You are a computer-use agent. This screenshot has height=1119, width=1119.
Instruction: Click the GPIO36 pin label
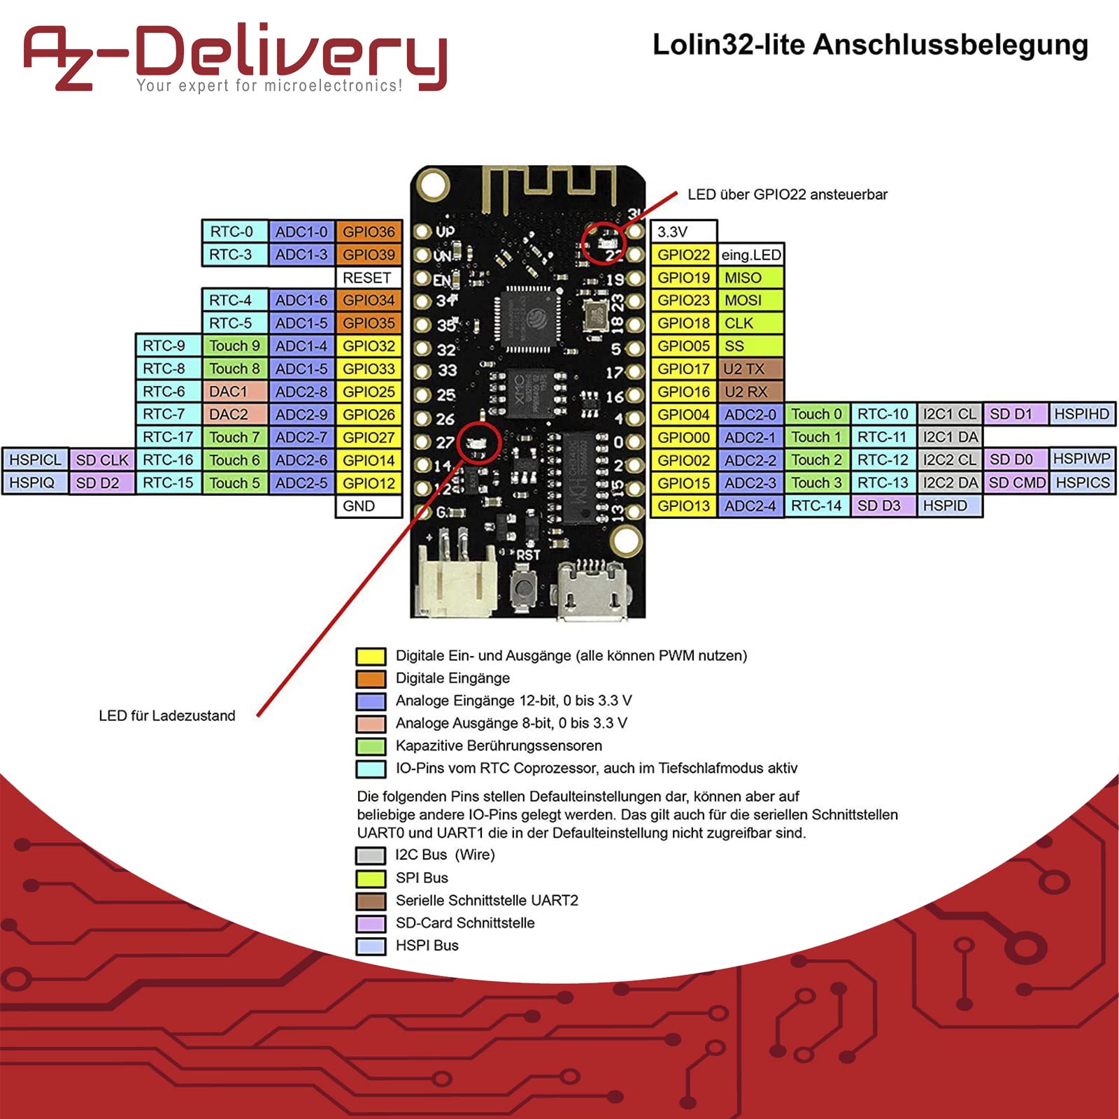pyautogui.click(x=369, y=231)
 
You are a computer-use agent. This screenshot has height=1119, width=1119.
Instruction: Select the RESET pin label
pyautogui.click(x=369, y=278)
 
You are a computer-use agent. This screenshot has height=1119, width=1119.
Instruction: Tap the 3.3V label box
pyautogui.click(x=684, y=231)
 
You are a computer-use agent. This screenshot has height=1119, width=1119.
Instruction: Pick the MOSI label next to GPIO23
pyautogui.click(x=750, y=300)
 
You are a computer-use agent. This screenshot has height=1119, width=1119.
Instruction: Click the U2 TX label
pyautogui.click(x=750, y=369)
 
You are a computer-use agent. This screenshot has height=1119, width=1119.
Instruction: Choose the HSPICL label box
pyautogui.click(x=36, y=459)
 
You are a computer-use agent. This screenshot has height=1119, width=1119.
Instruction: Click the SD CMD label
pyautogui.click(x=1017, y=483)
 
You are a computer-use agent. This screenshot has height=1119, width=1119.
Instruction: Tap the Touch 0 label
pyautogui.click(x=817, y=414)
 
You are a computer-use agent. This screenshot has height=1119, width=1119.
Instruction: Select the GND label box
pyautogui.click(x=369, y=506)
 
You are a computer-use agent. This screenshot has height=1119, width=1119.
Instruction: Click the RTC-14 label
pyautogui.click(x=817, y=506)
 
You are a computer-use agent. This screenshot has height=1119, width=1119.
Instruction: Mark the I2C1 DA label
pyautogui.click(x=950, y=437)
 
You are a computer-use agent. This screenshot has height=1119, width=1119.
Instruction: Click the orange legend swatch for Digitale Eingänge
pyautogui.click(x=371, y=678)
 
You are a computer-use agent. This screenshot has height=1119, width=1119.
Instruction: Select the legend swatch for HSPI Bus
pyautogui.click(x=371, y=946)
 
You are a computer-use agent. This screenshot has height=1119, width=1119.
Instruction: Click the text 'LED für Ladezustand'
pyautogui.click(x=167, y=715)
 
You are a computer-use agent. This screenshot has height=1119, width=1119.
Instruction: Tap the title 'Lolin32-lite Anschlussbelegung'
pyautogui.click(x=871, y=45)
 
